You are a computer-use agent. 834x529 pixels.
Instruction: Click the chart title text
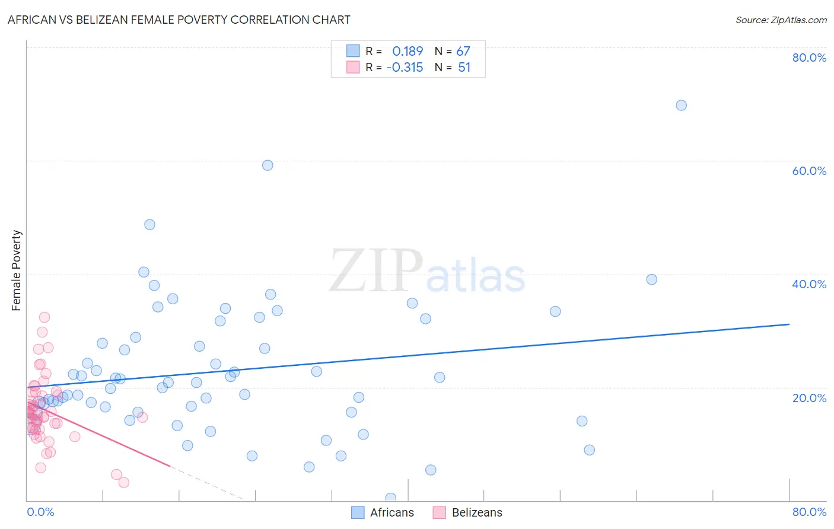179,20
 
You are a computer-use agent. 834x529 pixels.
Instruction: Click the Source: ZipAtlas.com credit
781,20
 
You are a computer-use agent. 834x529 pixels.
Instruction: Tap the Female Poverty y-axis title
16,270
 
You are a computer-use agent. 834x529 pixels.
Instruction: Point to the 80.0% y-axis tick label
809,58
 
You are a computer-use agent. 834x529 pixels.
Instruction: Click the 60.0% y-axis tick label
809,171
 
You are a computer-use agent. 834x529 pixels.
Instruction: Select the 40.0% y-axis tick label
809,284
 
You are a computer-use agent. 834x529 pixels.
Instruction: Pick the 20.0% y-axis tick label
809,398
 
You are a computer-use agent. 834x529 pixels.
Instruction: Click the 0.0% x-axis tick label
40,512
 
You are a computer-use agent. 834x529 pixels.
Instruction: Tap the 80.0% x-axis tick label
809,512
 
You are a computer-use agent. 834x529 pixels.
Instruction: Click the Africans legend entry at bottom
383,512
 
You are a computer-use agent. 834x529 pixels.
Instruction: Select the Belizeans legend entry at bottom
467,512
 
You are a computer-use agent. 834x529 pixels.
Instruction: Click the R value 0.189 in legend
408,51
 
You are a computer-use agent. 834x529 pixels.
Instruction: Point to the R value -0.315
405,67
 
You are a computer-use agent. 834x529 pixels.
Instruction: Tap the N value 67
463,51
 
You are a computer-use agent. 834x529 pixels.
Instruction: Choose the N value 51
464,67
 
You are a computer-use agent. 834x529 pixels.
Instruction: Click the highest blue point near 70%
681,105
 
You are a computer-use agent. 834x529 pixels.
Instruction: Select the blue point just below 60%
268,165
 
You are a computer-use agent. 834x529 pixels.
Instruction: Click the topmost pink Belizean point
44,317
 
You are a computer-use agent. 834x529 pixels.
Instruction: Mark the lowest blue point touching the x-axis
390,498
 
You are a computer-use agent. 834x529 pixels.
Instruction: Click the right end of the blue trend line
789,324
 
